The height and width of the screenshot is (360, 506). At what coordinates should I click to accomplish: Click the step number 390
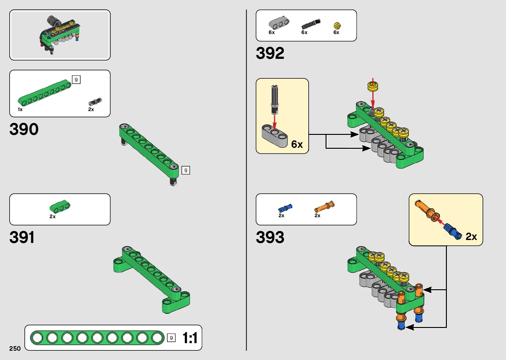point(24,129)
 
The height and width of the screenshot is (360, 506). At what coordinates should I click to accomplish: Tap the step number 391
point(22,237)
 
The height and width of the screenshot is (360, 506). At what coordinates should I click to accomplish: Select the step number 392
point(270,53)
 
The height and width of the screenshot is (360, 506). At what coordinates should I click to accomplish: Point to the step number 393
point(270,237)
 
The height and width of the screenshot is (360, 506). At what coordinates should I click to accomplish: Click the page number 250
point(15,348)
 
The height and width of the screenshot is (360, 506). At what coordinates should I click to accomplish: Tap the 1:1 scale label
point(190,338)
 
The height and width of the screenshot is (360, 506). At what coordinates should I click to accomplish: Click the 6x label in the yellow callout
point(297,144)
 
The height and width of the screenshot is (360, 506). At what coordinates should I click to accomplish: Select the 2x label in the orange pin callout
point(471,237)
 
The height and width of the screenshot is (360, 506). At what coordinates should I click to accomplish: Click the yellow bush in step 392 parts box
point(337,25)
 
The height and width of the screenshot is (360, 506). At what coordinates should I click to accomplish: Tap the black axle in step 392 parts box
point(311,24)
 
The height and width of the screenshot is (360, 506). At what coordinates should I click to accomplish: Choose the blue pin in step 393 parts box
point(285,208)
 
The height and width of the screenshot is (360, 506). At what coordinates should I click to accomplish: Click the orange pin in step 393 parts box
point(324,207)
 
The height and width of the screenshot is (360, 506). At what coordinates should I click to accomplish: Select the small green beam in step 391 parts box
point(60,206)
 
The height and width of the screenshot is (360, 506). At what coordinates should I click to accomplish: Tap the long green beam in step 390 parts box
point(44,93)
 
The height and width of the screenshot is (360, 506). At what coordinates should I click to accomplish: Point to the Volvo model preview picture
point(60,35)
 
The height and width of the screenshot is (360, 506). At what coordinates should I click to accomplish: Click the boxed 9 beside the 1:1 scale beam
point(171,338)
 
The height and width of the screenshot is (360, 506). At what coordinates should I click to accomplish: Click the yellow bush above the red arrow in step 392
point(373,87)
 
